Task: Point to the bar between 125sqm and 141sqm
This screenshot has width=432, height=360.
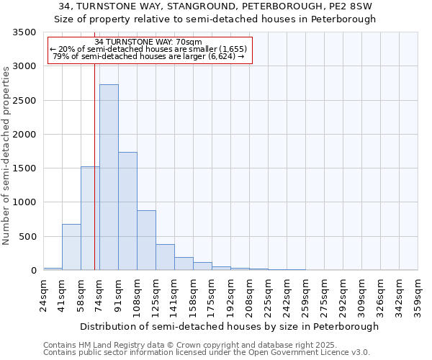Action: click(165, 257)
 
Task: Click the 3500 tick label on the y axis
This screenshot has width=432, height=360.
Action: click(24, 33)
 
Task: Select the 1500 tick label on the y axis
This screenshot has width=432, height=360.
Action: click(24, 168)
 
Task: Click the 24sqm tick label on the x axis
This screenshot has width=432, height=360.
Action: click(43, 295)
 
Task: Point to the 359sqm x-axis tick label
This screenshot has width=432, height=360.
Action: click(418, 295)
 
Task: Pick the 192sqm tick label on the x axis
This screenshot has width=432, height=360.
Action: click(231, 295)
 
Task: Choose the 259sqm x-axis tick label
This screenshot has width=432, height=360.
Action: click(306, 295)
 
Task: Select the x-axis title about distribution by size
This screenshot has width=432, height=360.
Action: click(229, 326)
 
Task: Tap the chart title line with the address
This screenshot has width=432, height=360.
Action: click(215, 6)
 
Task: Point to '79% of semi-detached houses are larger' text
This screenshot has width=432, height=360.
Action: click(149, 56)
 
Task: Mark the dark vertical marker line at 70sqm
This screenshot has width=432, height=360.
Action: click(94, 180)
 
